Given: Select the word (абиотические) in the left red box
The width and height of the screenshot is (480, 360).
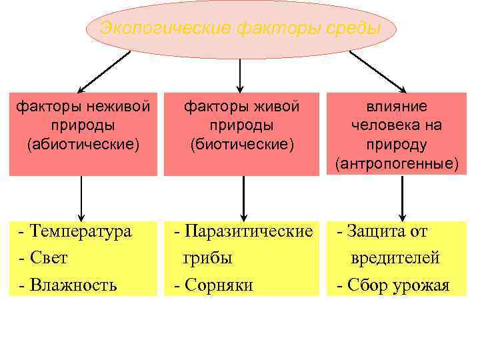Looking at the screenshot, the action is point(83,143).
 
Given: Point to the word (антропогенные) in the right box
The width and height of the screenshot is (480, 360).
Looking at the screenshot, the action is point(397,162).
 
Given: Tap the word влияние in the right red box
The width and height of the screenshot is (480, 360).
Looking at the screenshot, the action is point(397,106).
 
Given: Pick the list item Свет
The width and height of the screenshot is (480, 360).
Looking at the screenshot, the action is point(49,257).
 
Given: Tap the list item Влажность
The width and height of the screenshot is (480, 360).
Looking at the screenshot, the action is point(73,285).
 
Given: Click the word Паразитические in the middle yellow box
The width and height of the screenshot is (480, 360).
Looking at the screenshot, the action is point(248,231).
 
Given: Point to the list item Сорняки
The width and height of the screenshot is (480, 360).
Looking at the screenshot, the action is point(218,285).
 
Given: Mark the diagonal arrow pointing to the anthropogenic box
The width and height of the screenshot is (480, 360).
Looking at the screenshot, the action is point(377,71).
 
